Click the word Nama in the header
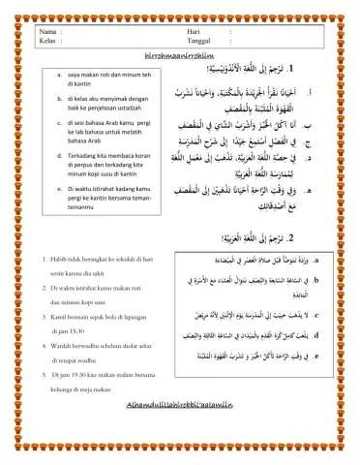(x=41, y=32)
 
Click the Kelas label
(x=41, y=43)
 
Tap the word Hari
(x=193, y=32)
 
